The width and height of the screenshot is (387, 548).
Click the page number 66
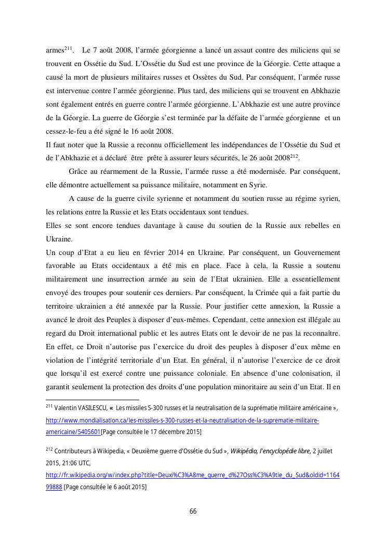[193, 511]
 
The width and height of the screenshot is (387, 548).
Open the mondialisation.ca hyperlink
[182, 420]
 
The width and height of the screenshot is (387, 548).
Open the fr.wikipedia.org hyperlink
[193, 475]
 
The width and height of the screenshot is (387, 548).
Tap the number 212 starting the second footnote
[49, 449]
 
